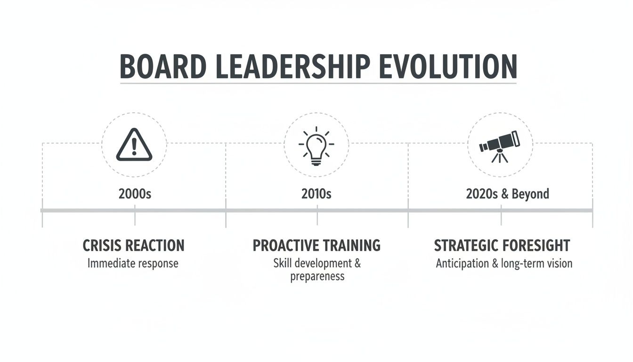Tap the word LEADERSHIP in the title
(x=288, y=66)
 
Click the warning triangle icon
(x=134, y=145)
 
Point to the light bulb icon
(x=316, y=146)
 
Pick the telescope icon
(x=500, y=144)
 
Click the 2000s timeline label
(x=135, y=194)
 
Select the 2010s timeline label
(x=316, y=194)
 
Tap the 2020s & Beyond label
(x=507, y=194)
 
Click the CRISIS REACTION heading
(x=133, y=246)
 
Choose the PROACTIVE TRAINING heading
(x=316, y=246)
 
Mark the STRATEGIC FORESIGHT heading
(x=502, y=246)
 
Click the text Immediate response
(x=133, y=263)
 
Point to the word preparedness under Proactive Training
(x=317, y=276)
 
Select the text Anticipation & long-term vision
(x=504, y=263)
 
